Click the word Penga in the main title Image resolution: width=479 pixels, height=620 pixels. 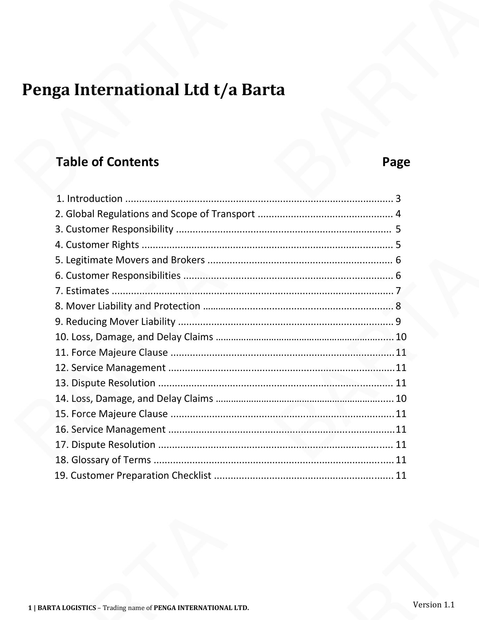click(x=46, y=90)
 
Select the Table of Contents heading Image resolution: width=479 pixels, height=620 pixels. click(x=107, y=162)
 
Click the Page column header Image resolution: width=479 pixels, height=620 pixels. click(x=396, y=162)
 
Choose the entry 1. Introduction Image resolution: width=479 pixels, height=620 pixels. click(x=90, y=199)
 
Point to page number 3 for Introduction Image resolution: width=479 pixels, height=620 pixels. click(x=398, y=199)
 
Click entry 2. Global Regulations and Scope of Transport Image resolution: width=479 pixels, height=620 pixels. click(x=155, y=214)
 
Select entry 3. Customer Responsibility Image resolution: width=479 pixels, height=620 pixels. click(x=114, y=229)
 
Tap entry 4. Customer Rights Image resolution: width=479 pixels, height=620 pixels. click(x=97, y=245)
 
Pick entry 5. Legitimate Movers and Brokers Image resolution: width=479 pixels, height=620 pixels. click(x=130, y=260)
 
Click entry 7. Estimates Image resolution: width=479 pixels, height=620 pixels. click(x=82, y=291)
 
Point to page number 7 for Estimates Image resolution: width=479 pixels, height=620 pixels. click(x=398, y=291)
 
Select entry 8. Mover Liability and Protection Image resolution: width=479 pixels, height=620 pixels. click(x=128, y=306)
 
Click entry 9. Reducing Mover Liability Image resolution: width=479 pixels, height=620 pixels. click(x=115, y=322)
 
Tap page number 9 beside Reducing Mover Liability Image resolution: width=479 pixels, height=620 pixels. click(x=398, y=322)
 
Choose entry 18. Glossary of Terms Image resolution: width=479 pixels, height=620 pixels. click(x=103, y=460)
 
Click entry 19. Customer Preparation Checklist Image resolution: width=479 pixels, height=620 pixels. click(x=133, y=475)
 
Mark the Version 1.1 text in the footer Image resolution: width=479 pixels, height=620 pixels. click(x=433, y=604)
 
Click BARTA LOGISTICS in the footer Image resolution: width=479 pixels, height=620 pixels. click(x=67, y=608)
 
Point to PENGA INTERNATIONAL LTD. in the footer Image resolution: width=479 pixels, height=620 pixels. click(x=201, y=608)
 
